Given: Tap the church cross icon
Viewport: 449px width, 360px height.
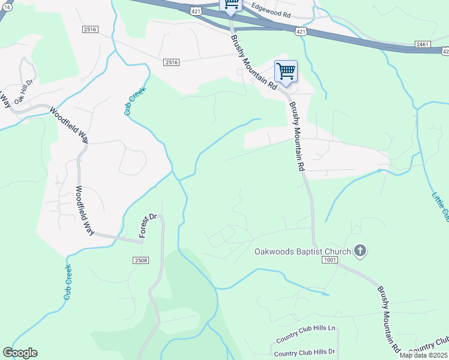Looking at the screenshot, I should pos(360,250).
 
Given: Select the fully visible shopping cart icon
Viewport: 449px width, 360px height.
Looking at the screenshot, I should pos(286,72).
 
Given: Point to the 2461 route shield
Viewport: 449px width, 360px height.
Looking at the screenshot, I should pos(423,44).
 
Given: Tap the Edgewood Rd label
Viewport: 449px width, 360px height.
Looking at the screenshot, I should pos(271,8).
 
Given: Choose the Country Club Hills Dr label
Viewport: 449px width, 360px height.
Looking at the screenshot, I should pos(305,352).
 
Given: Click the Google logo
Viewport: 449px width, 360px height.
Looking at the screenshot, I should pos(20,353).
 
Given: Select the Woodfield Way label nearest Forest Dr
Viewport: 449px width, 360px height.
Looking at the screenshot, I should pos(85,209).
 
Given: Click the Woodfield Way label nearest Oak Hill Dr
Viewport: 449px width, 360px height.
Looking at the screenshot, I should pos(68,124).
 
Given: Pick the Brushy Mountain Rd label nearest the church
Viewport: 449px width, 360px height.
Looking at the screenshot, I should pos(388,317).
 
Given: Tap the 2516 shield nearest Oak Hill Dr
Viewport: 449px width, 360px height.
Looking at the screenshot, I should pos(91,29).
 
